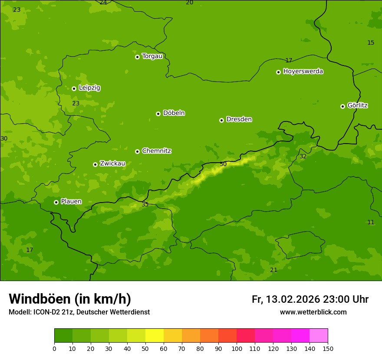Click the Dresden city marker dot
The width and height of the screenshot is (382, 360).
click(221, 120)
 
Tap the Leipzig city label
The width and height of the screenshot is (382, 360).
click(89, 88)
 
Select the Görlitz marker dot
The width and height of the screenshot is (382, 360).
click(342, 106)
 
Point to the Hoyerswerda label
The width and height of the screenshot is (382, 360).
click(303, 71)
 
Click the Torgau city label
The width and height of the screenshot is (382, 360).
click(152, 56)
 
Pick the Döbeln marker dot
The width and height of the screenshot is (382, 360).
click(158, 114)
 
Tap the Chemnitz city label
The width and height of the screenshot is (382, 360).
click(156, 151)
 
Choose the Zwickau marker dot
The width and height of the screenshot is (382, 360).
click(95, 164)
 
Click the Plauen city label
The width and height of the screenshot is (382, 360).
click(71, 201)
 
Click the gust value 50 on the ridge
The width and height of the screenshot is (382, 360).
click(223, 164)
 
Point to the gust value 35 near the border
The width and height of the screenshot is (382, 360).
click(145, 204)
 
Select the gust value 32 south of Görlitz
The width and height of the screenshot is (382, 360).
click(303, 156)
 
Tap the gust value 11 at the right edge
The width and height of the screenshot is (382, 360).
click(371, 222)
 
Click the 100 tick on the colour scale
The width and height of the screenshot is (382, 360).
click(237, 348)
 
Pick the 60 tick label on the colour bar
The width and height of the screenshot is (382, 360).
click(164, 348)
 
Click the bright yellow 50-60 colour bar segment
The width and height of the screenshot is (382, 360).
click(155, 336)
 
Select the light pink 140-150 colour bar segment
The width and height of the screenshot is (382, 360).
click(319, 336)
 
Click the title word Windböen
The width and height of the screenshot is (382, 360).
click(40, 299)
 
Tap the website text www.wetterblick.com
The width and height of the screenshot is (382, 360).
click(313, 312)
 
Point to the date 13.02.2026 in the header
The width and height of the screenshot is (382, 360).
click(293, 299)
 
